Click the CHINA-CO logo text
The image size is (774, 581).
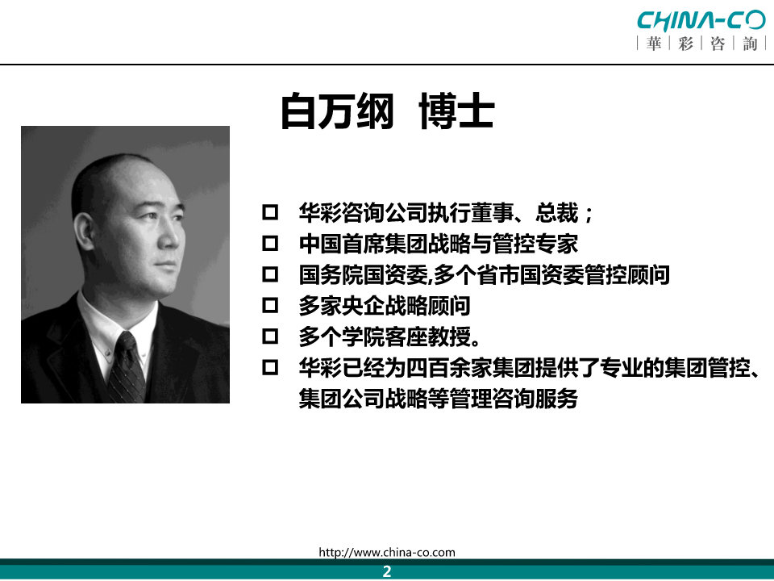click(x=701, y=20)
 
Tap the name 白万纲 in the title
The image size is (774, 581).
click(x=338, y=111)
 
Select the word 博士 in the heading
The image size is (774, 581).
click(x=456, y=111)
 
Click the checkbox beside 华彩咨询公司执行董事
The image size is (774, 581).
click(x=270, y=212)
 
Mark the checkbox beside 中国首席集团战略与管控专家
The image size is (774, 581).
click(x=270, y=244)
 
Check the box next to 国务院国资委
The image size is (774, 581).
click(x=270, y=274)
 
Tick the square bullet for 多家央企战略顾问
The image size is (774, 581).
click(x=270, y=305)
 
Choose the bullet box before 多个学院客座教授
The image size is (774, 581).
click(x=270, y=336)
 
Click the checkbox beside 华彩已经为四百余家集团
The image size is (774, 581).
click(x=270, y=368)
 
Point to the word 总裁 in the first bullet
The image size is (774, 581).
click(x=557, y=213)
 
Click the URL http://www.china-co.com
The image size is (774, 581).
click(x=387, y=552)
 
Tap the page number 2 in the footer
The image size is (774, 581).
click(x=387, y=571)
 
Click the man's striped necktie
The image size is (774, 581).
click(x=127, y=367)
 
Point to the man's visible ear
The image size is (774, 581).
click(x=84, y=232)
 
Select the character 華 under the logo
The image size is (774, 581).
click(x=654, y=44)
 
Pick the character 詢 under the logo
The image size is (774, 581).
click(x=750, y=44)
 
